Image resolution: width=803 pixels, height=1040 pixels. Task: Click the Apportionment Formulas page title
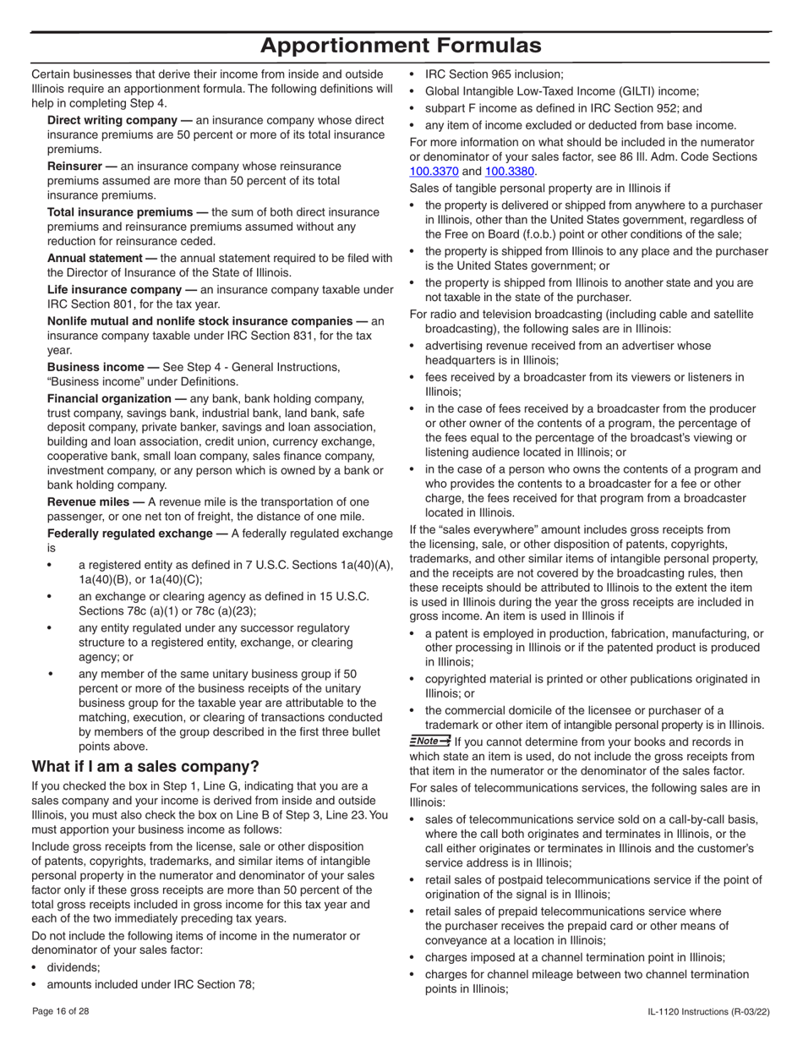pyautogui.click(x=401, y=46)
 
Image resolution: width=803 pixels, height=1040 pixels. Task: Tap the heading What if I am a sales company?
pyautogui.click(x=145, y=767)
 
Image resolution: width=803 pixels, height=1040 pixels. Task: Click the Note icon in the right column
pyautogui.click(x=429, y=741)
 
